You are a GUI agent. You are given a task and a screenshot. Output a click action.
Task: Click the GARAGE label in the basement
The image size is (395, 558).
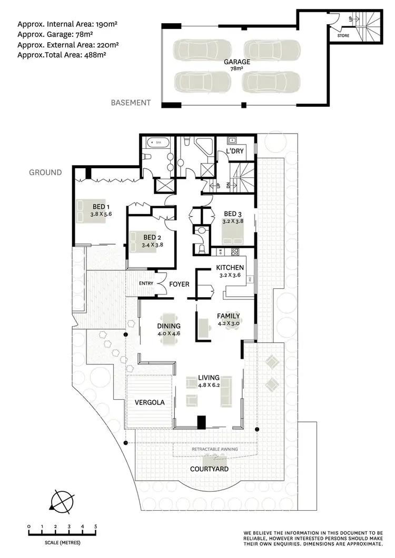tap(237, 62)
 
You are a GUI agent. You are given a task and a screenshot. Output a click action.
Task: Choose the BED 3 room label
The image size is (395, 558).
tap(233, 214)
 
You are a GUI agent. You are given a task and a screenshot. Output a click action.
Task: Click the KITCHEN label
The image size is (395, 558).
tap(229, 267)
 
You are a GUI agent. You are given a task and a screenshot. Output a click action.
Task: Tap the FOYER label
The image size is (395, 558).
tap(179, 285)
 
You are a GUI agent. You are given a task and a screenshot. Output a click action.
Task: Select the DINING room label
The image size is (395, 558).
tap(168, 326)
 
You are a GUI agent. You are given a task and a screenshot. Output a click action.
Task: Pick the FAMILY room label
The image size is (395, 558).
tap(229, 316)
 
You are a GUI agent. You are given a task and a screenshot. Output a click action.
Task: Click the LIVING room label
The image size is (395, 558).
tap(209, 378)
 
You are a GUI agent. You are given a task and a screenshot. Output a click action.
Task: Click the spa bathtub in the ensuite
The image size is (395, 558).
tap(156, 142)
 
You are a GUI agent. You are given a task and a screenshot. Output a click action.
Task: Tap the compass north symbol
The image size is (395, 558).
tap(62, 501)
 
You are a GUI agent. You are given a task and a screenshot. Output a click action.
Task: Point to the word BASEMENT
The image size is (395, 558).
tap(131, 103)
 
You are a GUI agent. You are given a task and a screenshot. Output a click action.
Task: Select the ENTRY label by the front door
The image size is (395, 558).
tap(146, 284)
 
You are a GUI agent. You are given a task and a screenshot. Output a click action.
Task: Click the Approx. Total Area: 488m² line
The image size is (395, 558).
tap(66, 55)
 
